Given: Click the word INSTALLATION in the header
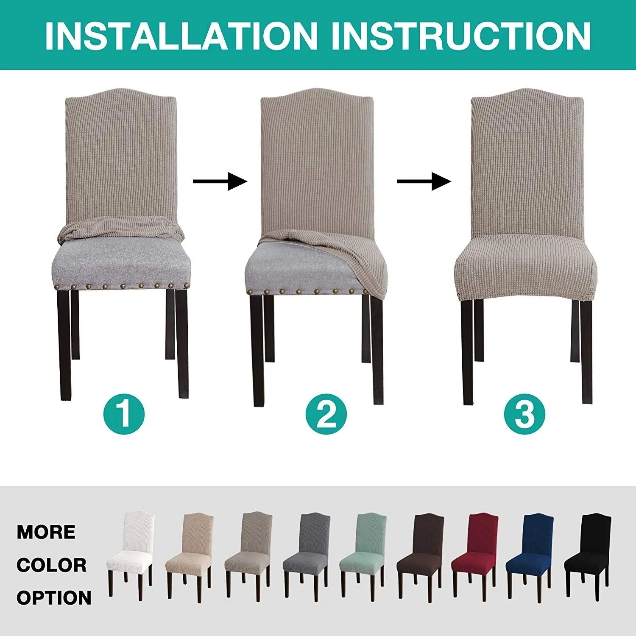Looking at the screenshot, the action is (x=181, y=36).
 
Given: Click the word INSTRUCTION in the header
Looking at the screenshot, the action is (x=461, y=36).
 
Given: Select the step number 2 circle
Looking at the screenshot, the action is (x=326, y=413).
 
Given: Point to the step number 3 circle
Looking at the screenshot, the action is (x=525, y=413).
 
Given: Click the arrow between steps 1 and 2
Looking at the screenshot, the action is (x=220, y=181).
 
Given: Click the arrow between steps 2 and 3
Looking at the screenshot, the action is (x=424, y=181).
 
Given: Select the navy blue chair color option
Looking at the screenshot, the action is (x=530, y=553).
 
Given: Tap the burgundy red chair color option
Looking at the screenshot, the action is (x=475, y=553).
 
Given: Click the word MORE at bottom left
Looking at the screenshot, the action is (x=46, y=532).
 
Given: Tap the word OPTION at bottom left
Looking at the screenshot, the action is (x=54, y=598).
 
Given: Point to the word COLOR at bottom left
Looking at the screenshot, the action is (x=51, y=565).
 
